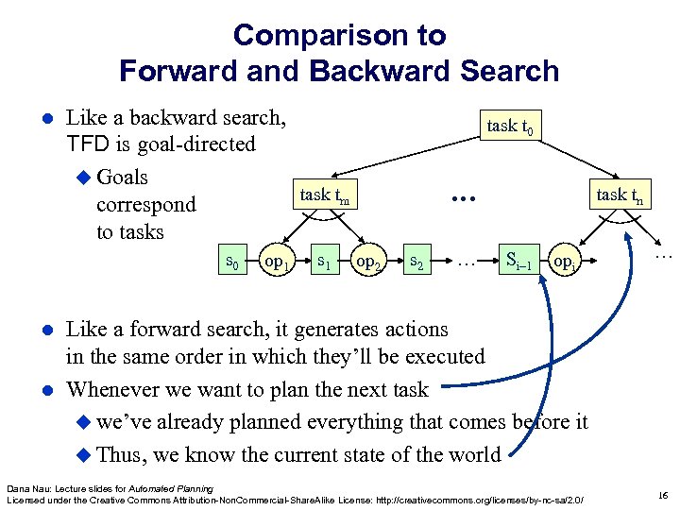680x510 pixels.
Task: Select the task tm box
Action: pyautogui.click(x=325, y=195)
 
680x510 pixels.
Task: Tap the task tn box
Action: pyautogui.click(x=620, y=195)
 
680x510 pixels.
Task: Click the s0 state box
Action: pyautogui.click(x=229, y=259)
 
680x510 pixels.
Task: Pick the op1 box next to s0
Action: pyautogui.click(x=277, y=259)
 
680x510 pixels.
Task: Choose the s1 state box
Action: pyautogui.click(x=323, y=259)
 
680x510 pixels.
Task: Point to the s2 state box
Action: pyautogui.click(x=416, y=259)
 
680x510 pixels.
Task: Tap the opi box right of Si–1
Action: pyautogui.click(x=564, y=259)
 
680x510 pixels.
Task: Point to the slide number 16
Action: pyautogui.click(x=663, y=495)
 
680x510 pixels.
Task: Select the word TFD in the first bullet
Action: pyautogui.click(x=88, y=144)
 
